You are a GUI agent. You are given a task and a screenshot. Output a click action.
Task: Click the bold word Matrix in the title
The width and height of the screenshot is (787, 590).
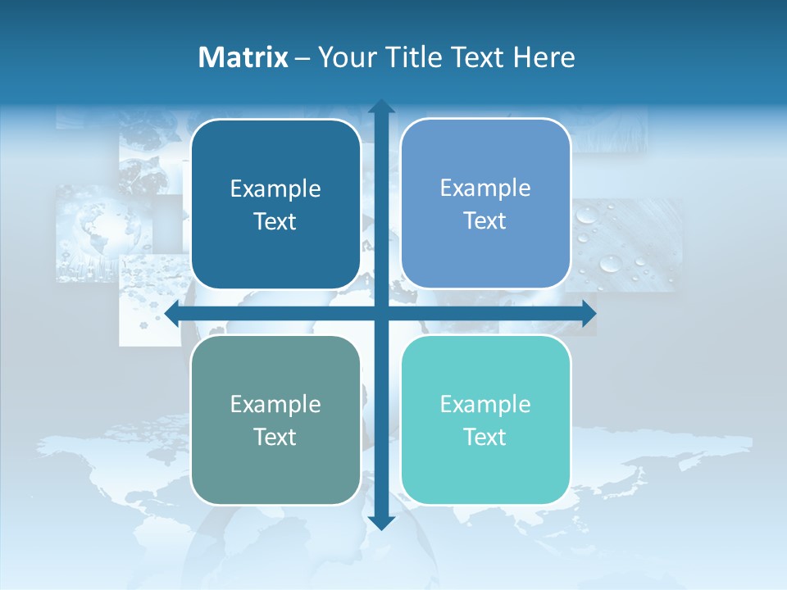(243, 57)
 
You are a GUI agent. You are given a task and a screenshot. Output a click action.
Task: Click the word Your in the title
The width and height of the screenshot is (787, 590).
(344, 57)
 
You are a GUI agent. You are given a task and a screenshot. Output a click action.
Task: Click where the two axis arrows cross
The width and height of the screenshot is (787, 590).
(381, 312)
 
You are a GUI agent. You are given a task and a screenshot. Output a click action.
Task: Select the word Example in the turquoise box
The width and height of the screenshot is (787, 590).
(485, 404)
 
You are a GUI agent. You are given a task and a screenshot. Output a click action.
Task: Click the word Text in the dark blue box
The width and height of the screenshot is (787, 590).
(275, 221)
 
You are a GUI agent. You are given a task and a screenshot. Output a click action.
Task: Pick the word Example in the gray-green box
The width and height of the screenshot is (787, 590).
(275, 404)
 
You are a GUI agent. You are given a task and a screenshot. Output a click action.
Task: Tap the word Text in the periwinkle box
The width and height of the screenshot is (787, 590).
(484, 220)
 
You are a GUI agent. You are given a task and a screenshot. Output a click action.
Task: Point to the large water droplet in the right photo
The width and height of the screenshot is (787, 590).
(610, 263)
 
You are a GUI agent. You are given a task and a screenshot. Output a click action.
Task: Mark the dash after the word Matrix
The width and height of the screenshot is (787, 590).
(303, 58)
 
